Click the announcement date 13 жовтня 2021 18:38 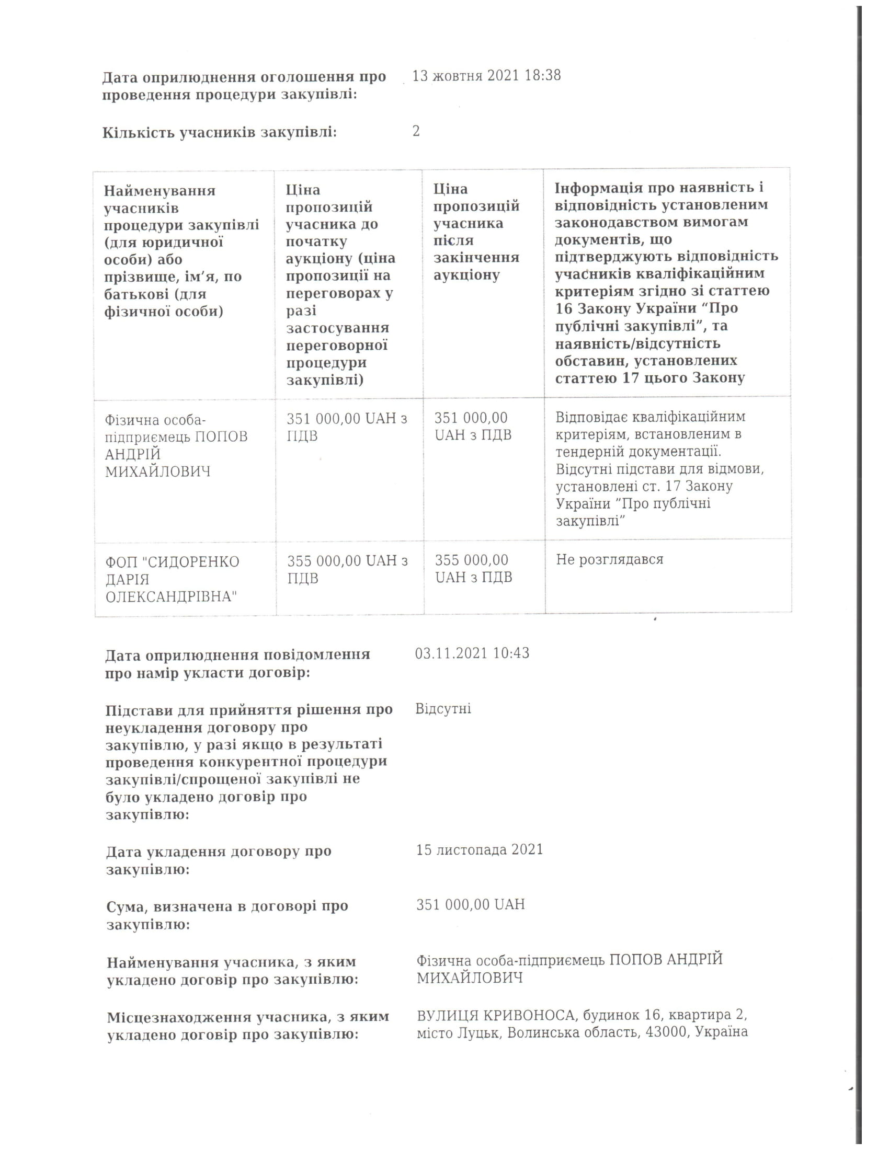tap(486, 76)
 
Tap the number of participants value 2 tap(416, 131)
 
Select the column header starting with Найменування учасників tap(181, 250)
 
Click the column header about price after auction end tap(476, 232)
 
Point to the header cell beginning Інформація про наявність tap(666, 282)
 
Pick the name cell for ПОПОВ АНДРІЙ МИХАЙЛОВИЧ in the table tap(176, 445)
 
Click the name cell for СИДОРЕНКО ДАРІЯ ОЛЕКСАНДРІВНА tap(172, 579)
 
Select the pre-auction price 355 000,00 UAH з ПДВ tap(347, 569)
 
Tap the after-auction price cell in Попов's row tap(472, 426)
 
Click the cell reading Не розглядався tap(609, 559)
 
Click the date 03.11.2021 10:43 tap(472, 653)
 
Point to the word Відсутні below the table tap(443, 709)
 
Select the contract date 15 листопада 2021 tap(479, 850)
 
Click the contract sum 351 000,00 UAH tap(470, 905)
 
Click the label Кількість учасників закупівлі tap(220, 132)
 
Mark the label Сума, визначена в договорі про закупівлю tap(227, 915)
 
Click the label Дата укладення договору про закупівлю tap(219, 860)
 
